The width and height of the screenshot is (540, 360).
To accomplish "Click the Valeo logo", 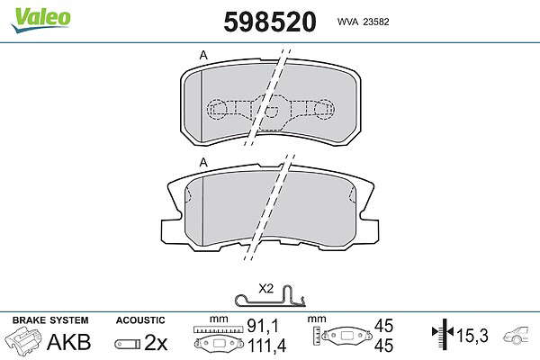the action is coord(40,20).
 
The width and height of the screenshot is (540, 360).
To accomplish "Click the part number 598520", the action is coord(270,22).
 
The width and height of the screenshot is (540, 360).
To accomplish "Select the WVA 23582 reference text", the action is coord(363,22).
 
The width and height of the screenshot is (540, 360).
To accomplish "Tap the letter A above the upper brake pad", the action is coord(204,55).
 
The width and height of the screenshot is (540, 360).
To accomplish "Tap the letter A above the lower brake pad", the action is coord(204,162).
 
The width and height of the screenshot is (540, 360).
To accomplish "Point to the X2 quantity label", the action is coord(265,289).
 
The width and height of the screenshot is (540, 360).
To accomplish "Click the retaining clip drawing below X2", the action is coord(271,297).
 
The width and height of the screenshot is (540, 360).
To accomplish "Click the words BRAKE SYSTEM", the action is coord(50,320).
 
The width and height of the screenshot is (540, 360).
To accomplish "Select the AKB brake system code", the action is coord(69,342).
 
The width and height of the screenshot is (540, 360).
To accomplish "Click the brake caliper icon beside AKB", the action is coord(22,340).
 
